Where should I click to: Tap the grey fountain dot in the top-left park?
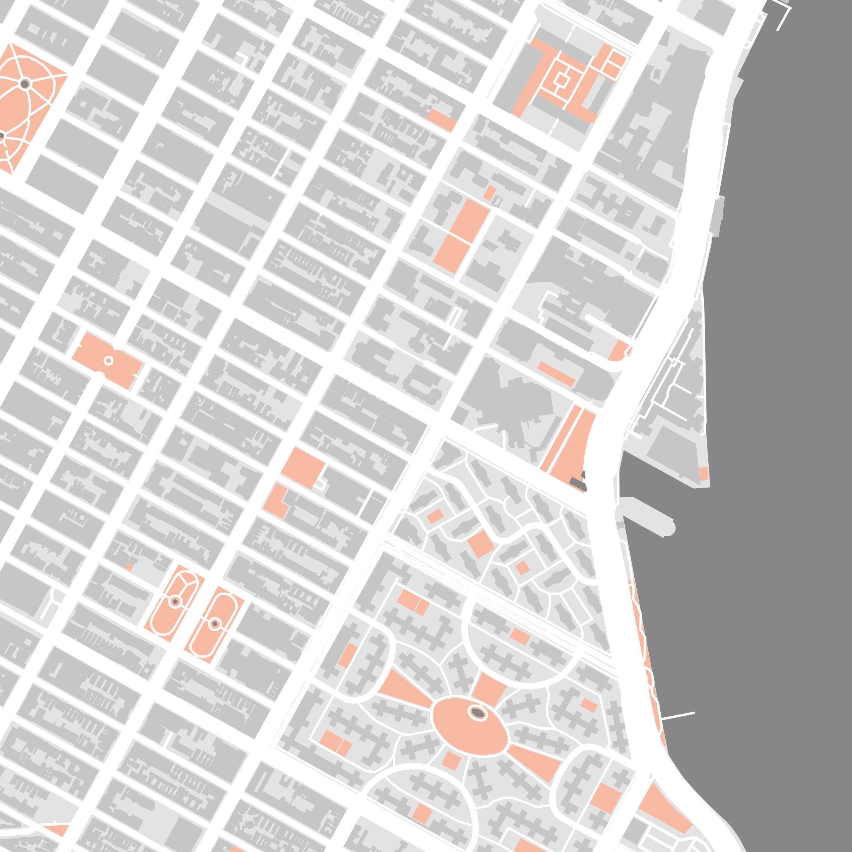coord(25,84)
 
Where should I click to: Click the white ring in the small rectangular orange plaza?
coord(108,361)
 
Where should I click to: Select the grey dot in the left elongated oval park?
coord(175,601)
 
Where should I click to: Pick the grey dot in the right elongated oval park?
coord(215,624)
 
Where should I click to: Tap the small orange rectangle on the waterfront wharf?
coord(703,474)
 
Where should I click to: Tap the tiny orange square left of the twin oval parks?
coord(129,567)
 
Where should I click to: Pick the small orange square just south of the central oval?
coord(451,760)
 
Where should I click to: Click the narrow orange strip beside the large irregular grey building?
coord(556,373)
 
